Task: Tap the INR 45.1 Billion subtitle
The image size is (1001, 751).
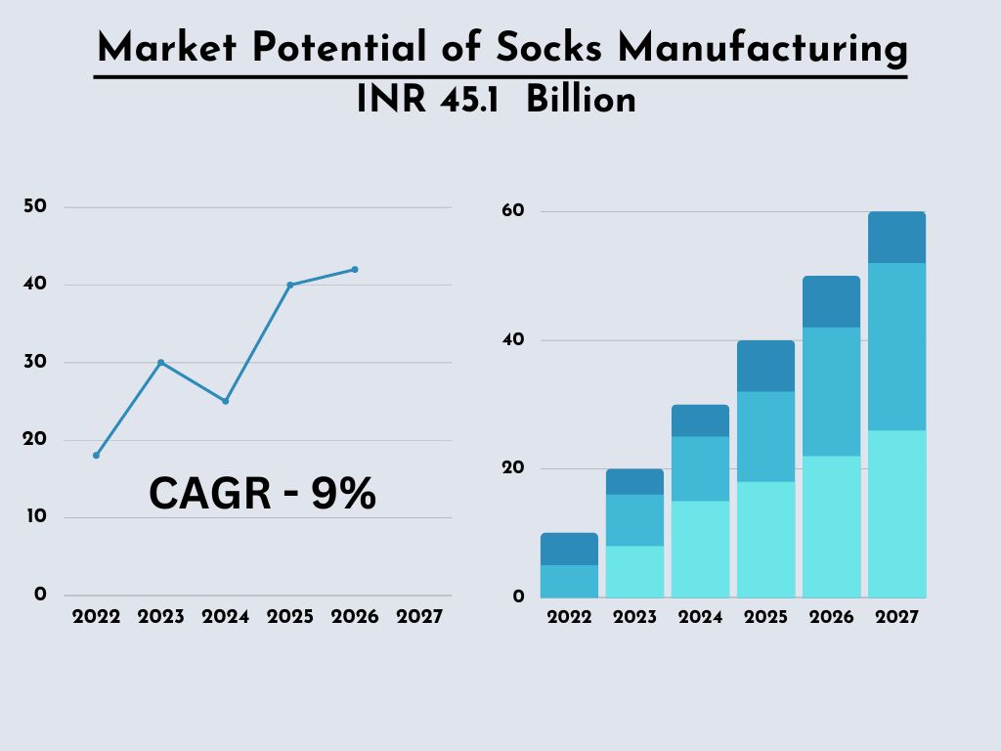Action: pos(497,100)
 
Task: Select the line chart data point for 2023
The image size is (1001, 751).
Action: pos(161,363)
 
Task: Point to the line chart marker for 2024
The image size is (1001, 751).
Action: pos(226,401)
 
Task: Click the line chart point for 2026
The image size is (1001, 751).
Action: pos(355,269)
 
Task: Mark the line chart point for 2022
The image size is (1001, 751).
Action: pos(96,456)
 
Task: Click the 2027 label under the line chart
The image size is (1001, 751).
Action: pos(419,618)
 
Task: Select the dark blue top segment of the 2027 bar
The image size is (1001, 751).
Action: pos(896,238)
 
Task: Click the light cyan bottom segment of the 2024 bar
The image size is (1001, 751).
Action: pos(700,549)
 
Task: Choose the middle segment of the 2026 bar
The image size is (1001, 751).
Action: pos(831,391)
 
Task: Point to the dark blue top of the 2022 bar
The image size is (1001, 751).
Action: pos(569,549)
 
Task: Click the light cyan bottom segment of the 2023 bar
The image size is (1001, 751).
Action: pos(634,571)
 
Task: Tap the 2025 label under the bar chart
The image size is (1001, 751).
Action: pos(765,618)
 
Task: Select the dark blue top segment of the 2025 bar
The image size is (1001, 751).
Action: pos(765,366)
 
